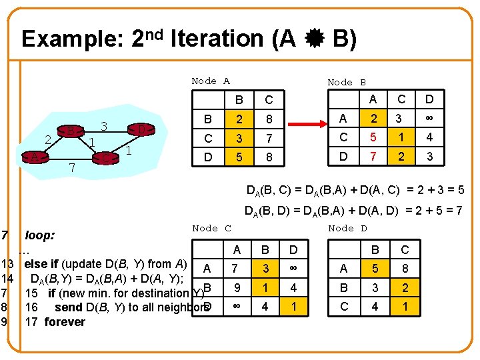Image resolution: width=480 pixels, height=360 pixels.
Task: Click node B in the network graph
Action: pyautogui.click(x=69, y=131)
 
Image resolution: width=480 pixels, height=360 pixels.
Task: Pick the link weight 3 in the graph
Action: pyautogui.click(x=103, y=125)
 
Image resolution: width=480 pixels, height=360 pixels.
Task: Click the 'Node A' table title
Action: pyautogui.click(x=210, y=81)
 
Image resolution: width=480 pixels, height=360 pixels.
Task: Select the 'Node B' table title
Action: pyautogui.click(x=346, y=83)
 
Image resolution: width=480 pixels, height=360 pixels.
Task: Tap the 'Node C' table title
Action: pyautogui.click(x=211, y=228)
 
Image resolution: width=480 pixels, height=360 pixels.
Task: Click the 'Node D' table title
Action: pyautogui.click(x=347, y=228)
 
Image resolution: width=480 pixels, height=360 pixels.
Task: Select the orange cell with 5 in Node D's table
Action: pyautogui.click(x=375, y=269)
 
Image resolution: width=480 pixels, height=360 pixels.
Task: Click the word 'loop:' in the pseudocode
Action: pyautogui.click(x=39, y=235)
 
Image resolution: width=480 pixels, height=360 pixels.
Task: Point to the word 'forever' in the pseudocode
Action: pyautogui.click(x=65, y=322)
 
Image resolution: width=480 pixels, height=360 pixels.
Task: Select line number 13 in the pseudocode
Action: pyautogui.click(x=9, y=263)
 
